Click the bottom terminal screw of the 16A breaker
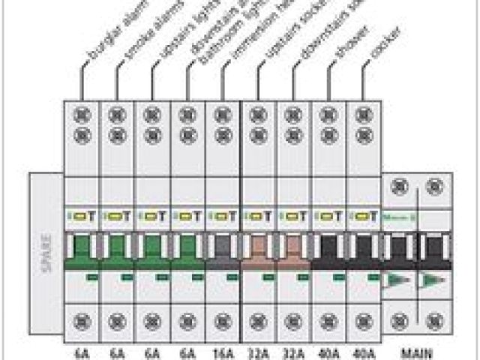(223, 321)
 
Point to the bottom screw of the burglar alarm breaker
(81, 321)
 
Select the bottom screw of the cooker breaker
(364, 321)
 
